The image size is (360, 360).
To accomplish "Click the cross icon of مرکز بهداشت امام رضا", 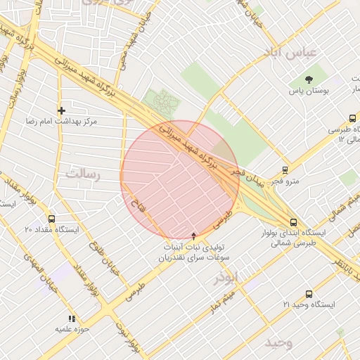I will pyautogui.click(x=62, y=110).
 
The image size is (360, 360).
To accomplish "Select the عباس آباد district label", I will pyautogui.click(x=292, y=53).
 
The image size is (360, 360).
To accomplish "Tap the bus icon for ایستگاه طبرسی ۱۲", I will pyautogui.click(x=352, y=119).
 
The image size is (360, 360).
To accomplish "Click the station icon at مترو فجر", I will pyautogui.click(x=285, y=169).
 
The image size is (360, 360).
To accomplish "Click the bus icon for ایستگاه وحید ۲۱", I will pyautogui.click(x=308, y=294).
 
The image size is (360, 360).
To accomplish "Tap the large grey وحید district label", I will pyautogui.click(x=278, y=342).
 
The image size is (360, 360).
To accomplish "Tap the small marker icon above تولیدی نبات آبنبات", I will pyautogui.click(x=194, y=236).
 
